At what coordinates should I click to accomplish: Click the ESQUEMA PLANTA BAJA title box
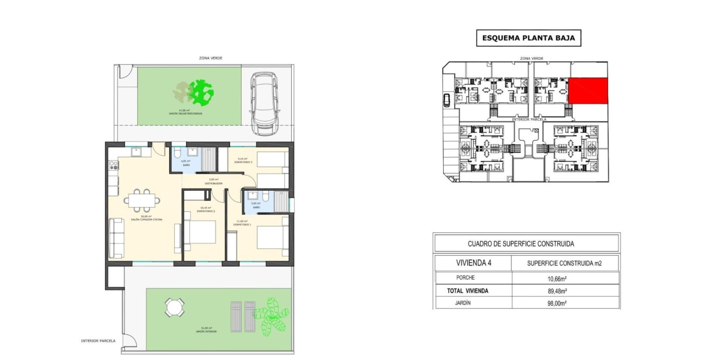tap(528, 38)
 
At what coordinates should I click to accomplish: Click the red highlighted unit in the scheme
tap(588, 91)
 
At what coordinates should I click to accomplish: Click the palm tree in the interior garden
tap(270, 316)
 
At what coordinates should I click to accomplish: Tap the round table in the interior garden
tap(175, 307)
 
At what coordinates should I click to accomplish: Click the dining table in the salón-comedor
tap(142, 200)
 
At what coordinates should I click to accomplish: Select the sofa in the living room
tap(116, 238)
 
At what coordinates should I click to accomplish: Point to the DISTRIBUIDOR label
tap(213, 183)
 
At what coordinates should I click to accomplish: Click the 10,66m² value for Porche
tap(557, 279)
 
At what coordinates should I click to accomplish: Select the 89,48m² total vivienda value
tap(557, 291)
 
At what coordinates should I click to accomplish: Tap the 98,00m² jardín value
tap(557, 303)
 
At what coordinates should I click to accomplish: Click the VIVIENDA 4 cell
tap(473, 263)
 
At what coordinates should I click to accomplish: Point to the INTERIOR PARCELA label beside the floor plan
tap(98, 341)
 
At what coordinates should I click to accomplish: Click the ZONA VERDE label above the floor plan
tap(210, 58)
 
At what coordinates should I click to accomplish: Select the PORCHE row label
tap(465, 278)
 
